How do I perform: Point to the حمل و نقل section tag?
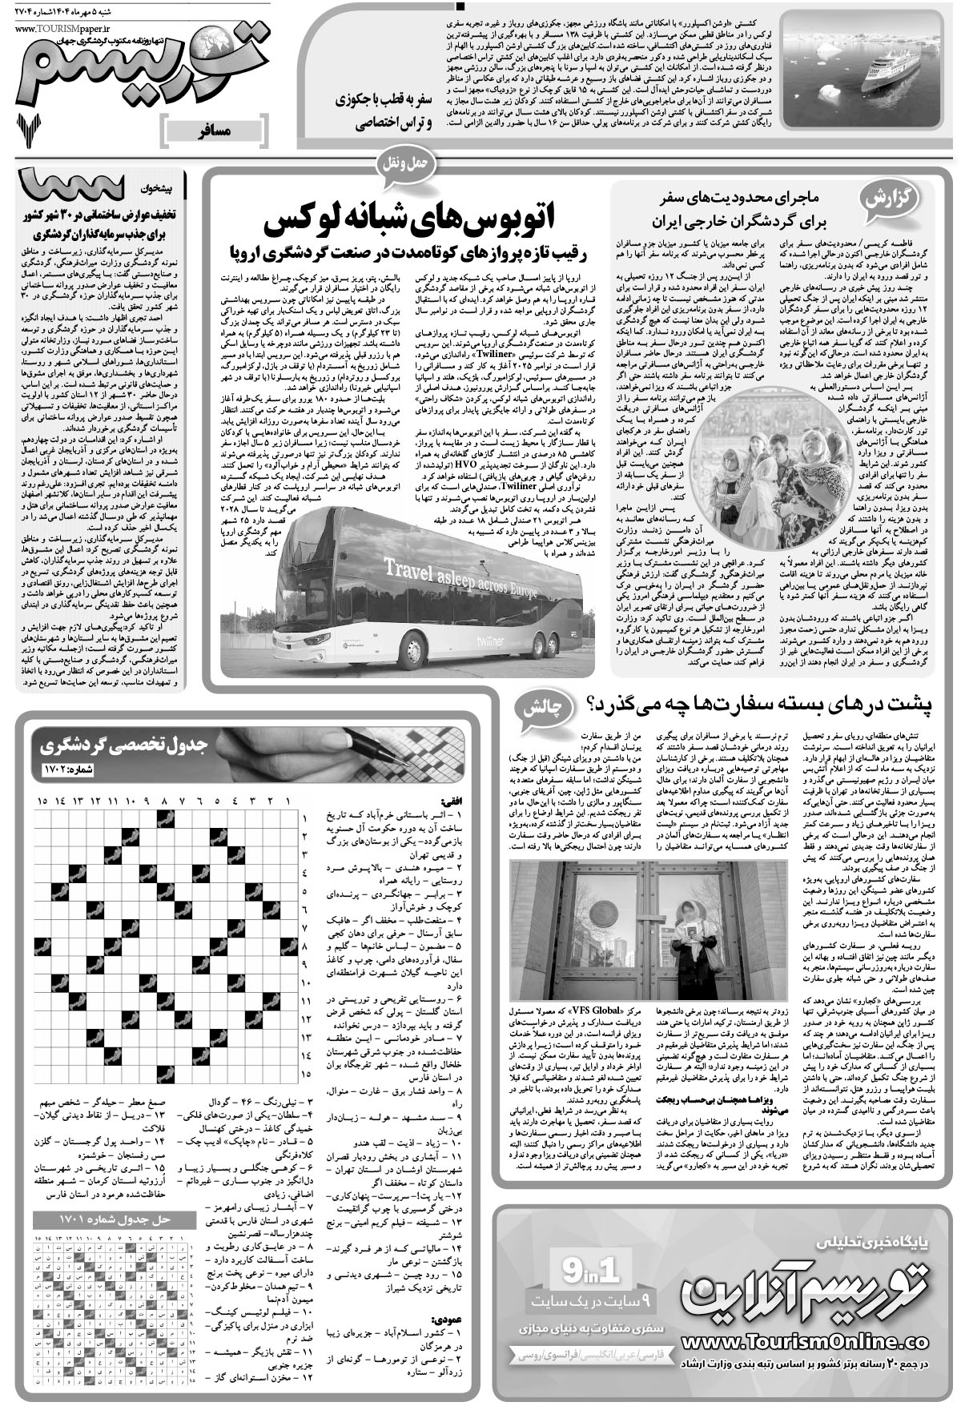click(409, 163)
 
